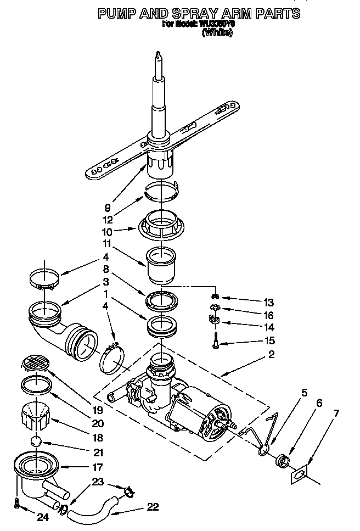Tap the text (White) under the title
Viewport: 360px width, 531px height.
(x=217, y=32)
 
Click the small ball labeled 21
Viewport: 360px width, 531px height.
(x=36, y=440)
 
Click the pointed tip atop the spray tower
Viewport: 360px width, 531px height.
(x=159, y=56)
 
